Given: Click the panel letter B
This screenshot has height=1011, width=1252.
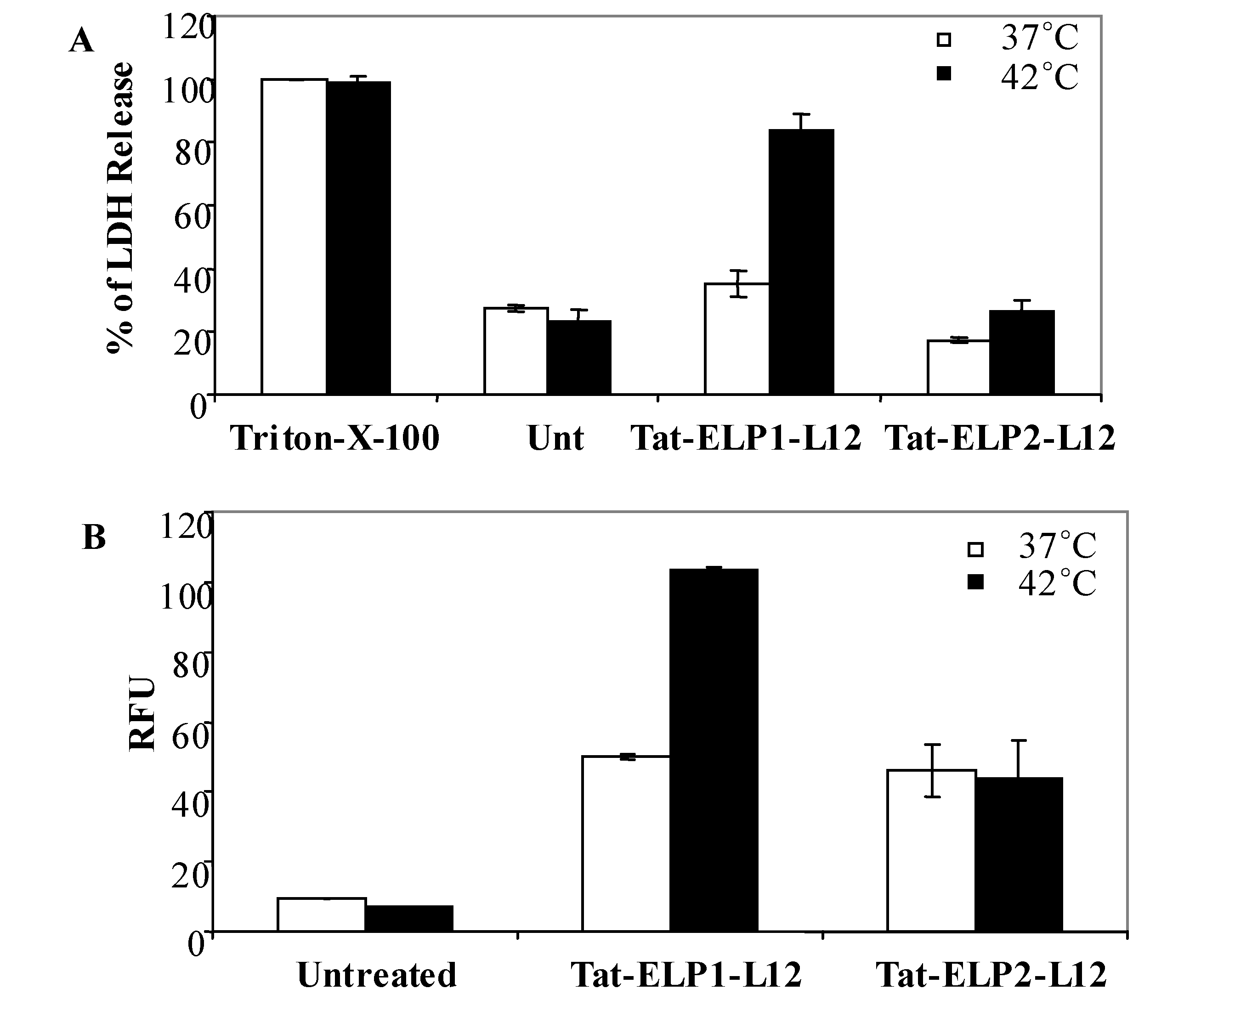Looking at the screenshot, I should pos(94,537).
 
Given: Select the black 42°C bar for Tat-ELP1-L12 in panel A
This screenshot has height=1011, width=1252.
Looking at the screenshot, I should pos(801,262).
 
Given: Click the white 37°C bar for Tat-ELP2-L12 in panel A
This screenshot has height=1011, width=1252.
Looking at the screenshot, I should pos(958,367).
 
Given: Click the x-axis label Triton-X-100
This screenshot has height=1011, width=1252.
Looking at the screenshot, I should pos(334,439).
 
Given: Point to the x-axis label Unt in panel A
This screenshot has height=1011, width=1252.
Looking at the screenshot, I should pos(555,439).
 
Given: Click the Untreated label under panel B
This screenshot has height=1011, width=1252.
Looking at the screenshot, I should pos(377,975).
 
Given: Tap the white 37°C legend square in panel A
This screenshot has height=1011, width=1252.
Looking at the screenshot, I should pos(944,40).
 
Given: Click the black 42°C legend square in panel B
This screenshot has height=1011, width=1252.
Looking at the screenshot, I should pos(975,582).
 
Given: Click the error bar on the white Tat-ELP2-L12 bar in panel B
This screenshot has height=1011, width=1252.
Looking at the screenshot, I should pos(933,770).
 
